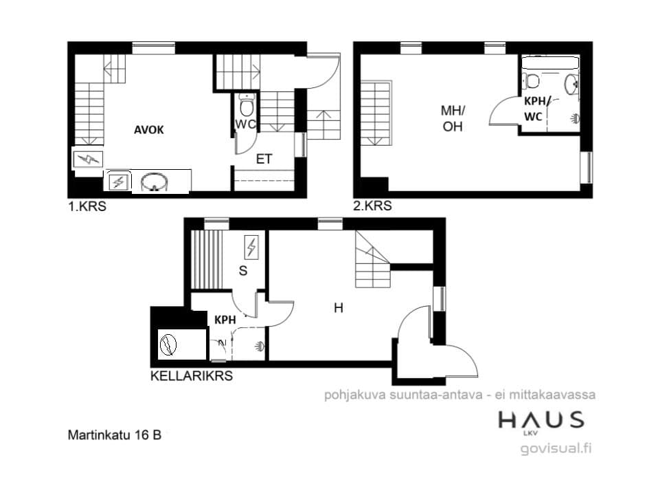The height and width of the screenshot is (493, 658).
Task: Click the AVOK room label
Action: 149,130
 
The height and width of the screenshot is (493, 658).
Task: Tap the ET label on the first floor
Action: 264,159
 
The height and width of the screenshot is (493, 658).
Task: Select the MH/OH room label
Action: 453,118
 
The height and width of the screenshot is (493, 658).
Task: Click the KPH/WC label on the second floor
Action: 534,109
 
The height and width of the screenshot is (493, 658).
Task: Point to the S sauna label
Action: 243,271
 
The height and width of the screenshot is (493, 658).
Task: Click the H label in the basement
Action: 338,308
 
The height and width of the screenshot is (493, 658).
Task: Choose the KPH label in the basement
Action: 225,320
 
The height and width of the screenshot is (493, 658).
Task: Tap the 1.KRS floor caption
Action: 87,206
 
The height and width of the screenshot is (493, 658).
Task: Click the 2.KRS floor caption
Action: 373,206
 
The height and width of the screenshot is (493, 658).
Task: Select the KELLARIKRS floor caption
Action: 192,375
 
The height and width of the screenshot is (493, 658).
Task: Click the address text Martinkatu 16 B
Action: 115,435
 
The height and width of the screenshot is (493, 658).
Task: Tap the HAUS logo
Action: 541,421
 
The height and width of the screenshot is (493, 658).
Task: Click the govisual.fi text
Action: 556,448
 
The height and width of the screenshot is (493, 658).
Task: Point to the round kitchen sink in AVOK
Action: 155,182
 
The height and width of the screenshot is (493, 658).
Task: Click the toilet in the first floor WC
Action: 247,105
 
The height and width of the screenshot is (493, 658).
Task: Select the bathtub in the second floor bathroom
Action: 550,63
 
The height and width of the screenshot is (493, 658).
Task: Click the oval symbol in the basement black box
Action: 168,345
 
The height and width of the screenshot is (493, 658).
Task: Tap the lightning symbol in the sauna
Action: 251,247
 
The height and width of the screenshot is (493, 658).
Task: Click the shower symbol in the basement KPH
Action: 260,347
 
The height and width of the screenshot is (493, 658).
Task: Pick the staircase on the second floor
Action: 376,113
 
